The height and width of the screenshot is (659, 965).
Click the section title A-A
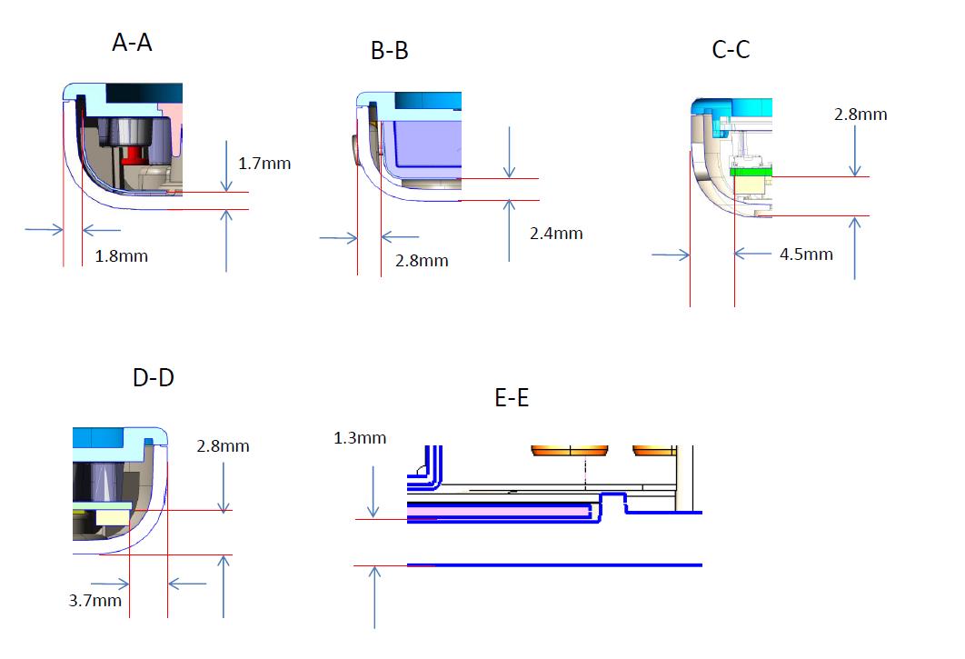point(132,43)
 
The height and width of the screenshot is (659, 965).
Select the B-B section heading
point(390,51)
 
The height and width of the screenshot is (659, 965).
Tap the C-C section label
point(731,49)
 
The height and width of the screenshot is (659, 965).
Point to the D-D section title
point(154,377)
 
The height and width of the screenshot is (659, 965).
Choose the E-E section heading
point(512,397)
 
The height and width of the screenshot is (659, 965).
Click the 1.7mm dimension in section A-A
point(264,164)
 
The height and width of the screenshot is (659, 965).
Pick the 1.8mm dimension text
point(121,256)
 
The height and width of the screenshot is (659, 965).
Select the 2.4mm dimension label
point(556,234)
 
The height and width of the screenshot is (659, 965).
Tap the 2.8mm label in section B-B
point(422,261)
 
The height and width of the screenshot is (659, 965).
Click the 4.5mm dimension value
point(806,255)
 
